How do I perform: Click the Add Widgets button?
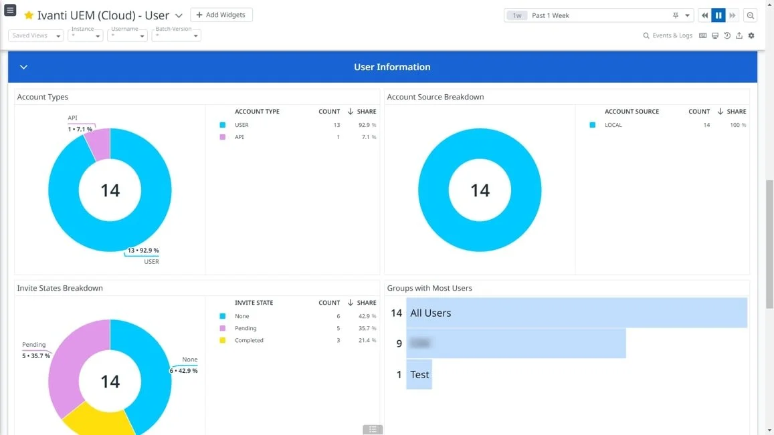(x=221, y=15)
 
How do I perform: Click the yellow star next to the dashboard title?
(x=29, y=15)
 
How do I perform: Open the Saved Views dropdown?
(x=36, y=35)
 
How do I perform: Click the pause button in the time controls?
(x=718, y=15)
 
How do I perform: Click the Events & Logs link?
(x=668, y=35)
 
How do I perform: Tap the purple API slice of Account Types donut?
(x=98, y=144)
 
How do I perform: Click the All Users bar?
(x=576, y=313)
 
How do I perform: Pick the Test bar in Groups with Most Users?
(x=419, y=374)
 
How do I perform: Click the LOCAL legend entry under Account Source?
(x=613, y=125)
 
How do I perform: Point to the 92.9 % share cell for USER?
(x=367, y=125)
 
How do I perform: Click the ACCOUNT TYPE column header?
(x=257, y=112)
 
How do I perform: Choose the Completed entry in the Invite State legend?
(x=249, y=340)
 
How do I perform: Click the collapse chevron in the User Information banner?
(x=23, y=67)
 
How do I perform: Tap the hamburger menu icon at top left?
(x=10, y=11)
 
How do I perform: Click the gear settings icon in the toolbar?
(x=751, y=35)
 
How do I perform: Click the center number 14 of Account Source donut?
(x=480, y=190)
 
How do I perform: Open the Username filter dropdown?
(x=128, y=35)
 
